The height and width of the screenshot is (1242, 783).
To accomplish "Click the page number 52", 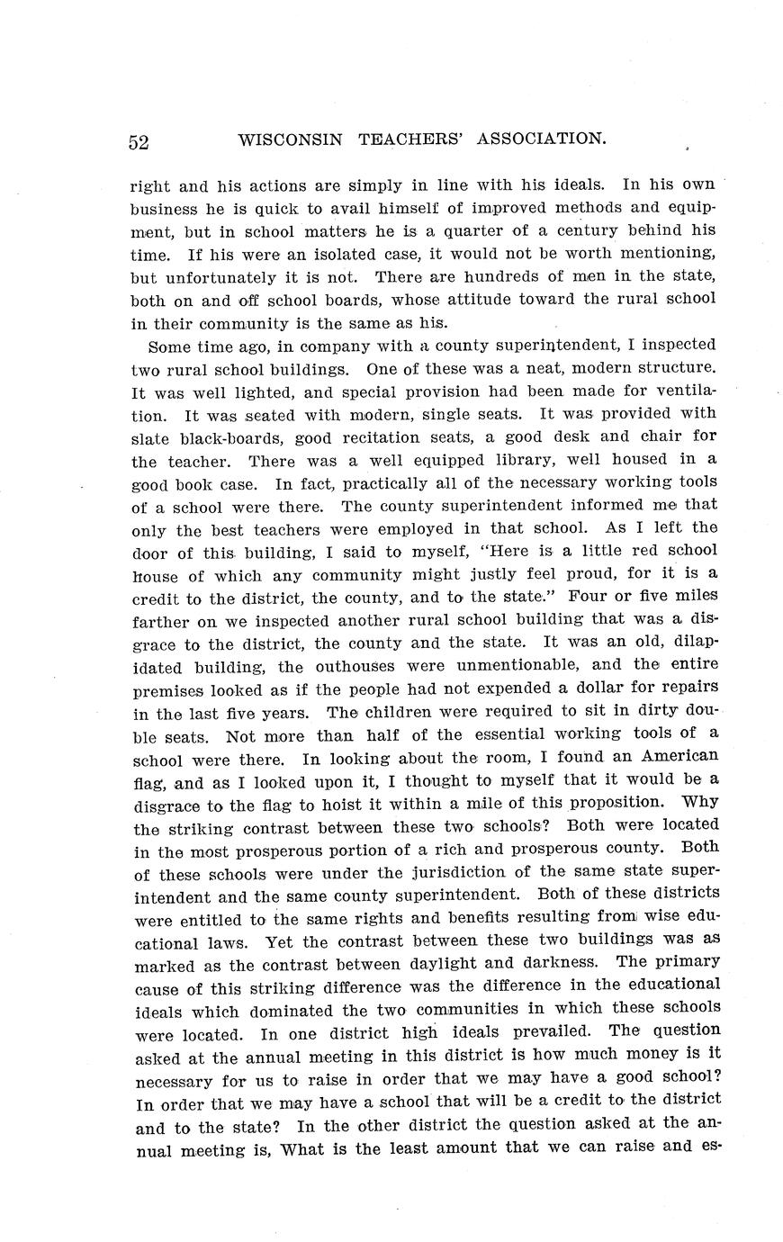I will [139, 141].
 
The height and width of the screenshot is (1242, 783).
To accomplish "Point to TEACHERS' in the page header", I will [411, 139].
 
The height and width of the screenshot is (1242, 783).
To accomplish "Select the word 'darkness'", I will [557, 964].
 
